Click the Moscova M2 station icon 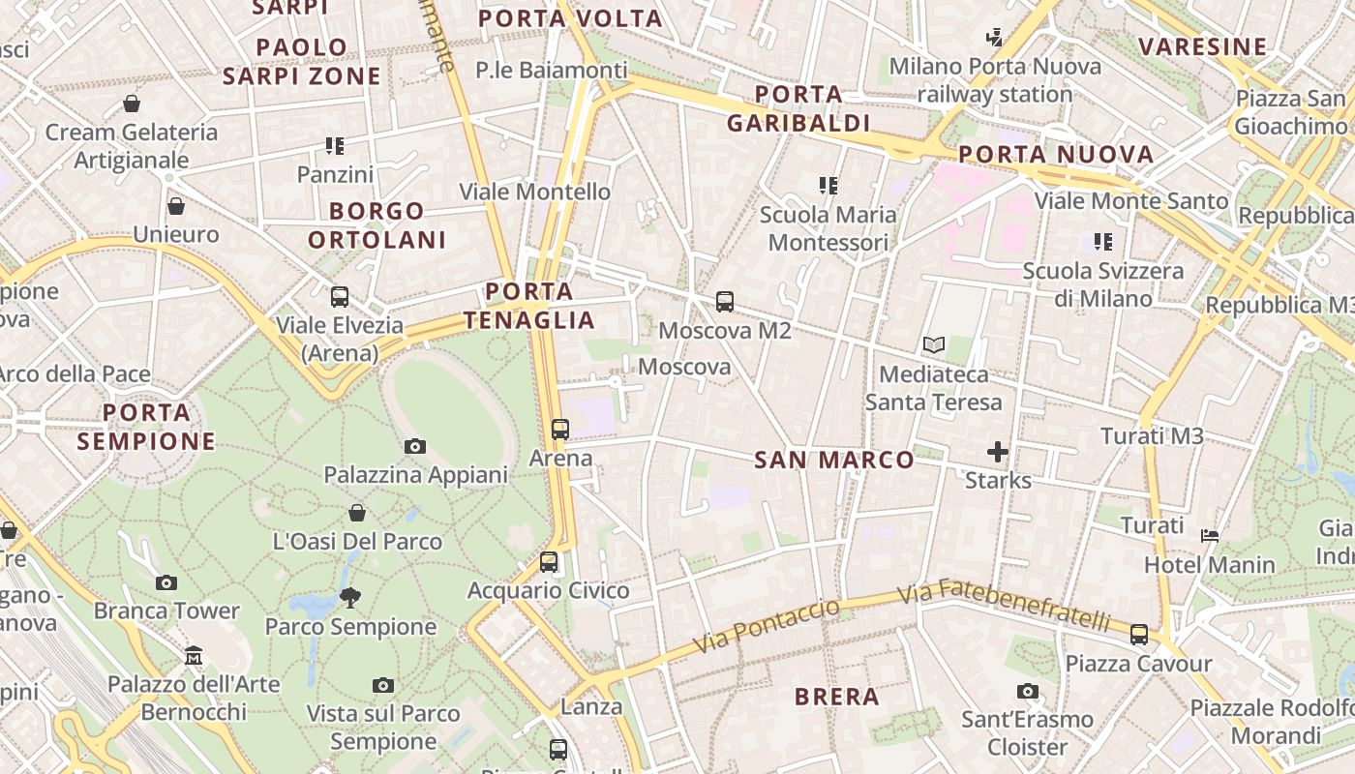725,302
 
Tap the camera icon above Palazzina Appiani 415,446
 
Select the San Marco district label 833,460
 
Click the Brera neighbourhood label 836,697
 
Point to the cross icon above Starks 998,452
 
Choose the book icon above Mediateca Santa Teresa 934,344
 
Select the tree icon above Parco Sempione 350,598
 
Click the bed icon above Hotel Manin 1210,535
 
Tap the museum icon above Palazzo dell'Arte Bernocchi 194,655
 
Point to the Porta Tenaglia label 528,306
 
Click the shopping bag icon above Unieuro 176,206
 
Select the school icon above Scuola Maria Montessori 828,185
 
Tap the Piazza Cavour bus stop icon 1139,635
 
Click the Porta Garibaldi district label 798,108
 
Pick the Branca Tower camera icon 166,582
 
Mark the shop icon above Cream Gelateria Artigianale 132,104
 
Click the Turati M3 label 1152,436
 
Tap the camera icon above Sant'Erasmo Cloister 1028,691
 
